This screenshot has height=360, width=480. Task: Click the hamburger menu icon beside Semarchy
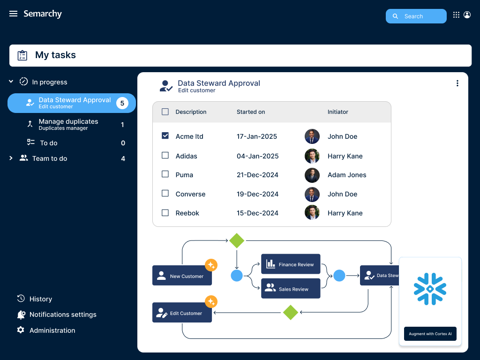coord(13,14)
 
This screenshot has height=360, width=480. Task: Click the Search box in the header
coord(416,16)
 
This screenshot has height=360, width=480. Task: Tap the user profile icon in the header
coord(467,15)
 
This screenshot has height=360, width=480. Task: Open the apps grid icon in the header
coord(456,15)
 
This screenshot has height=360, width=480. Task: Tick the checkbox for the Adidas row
coord(165,156)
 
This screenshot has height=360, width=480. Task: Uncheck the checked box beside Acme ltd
coord(165,135)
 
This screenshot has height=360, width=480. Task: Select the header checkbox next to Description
coord(165,112)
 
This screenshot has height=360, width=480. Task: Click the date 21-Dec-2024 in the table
coord(257,175)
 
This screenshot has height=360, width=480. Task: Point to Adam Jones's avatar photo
coord(312,175)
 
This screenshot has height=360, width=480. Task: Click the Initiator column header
coord(337,112)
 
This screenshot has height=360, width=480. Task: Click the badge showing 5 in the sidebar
coord(122,103)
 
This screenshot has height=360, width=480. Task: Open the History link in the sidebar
coord(41,299)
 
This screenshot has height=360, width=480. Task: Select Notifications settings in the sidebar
coord(63,315)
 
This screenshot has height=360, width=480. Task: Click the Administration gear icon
coord(21,330)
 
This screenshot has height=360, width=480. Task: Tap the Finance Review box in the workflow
coord(291,264)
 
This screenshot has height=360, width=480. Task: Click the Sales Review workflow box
coord(291,288)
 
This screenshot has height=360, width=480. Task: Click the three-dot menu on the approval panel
coord(457,83)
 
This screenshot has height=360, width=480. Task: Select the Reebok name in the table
coord(187,213)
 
